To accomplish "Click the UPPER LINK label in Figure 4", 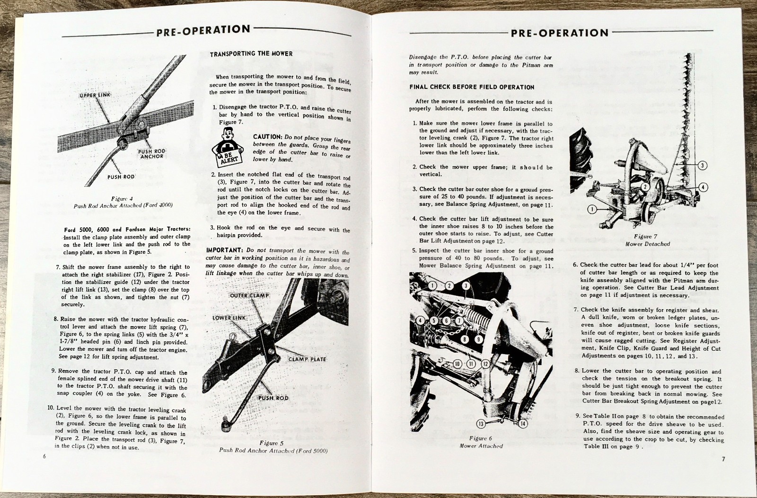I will pyautogui.click(x=95, y=95).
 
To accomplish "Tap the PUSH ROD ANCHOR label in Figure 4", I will pyautogui.click(x=151, y=154).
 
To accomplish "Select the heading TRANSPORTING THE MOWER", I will pyautogui.click(x=251, y=53).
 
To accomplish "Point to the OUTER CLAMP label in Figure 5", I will pyautogui.click(x=249, y=295).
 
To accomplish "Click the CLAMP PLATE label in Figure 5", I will pyautogui.click(x=308, y=359).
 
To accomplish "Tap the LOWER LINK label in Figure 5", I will pyautogui.click(x=229, y=318).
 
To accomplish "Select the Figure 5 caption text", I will pyautogui.click(x=273, y=447).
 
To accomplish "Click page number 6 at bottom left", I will pyautogui.click(x=44, y=456).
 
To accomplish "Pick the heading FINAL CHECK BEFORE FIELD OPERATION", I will pyautogui.click(x=472, y=87).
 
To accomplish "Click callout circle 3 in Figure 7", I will pyautogui.click(x=703, y=165).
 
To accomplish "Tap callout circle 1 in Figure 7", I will pyautogui.click(x=591, y=208).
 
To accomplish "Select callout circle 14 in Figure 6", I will pyautogui.click(x=522, y=423).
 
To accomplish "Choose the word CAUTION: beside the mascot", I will pyautogui.click(x=268, y=137).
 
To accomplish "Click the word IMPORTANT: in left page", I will pyautogui.click(x=225, y=250).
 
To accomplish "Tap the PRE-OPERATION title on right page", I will pyautogui.click(x=559, y=33).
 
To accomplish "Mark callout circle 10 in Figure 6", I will pyautogui.click(x=457, y=364).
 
